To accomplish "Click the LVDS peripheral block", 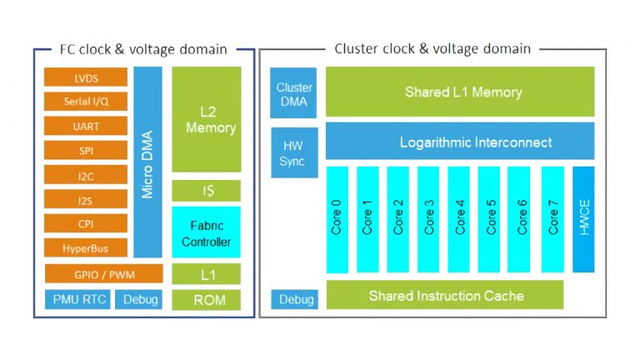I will click(85, 77).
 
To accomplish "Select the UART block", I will click(85, 127).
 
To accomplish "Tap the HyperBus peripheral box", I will click(85, 248).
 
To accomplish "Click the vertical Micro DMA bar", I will click(147, 162).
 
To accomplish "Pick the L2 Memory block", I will click(206, 120).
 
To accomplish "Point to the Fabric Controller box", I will click(206, 232).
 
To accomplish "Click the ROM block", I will click(206, 300).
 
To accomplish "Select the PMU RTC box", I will click(76, 300).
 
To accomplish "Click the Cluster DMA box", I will click(293, 93).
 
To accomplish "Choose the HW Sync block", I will click(293, 152).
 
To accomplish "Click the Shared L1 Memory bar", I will click(462, 92).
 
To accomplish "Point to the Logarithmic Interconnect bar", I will click(462, 142).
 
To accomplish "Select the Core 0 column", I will click(337, 219).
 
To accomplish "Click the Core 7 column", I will click(552, 219).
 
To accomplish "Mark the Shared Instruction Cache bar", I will click(446, 296).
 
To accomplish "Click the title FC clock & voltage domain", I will click(143, 49).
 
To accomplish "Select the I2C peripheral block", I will click(85, 176).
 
